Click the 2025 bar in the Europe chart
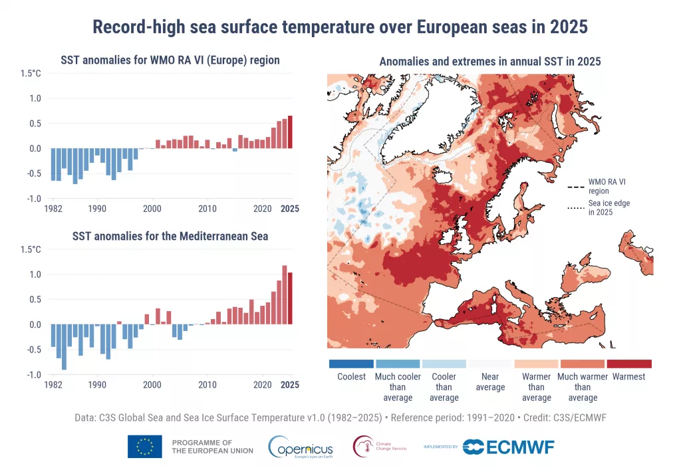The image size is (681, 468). pos(290,132)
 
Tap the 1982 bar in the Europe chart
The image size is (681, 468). pos(53,164)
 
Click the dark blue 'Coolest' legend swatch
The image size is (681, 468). pos(351,364)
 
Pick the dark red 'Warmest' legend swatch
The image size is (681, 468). pos(628,364)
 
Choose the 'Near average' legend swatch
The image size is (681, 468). pos(490,364)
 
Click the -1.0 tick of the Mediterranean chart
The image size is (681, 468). pos(33,375)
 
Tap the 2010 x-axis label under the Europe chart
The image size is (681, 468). pos(207,209)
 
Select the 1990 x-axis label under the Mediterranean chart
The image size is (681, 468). pos(97,385)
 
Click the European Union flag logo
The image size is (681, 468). pos(145,446)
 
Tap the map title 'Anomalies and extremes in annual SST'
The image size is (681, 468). pos(489,61)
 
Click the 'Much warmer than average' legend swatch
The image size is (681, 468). pos(583,364)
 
